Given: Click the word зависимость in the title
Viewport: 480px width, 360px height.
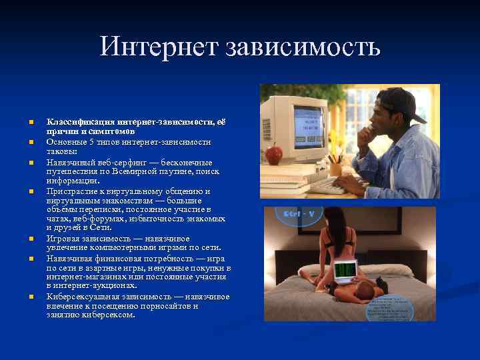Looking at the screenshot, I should (303, 47).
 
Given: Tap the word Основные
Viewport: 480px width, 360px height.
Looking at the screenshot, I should (67, 142).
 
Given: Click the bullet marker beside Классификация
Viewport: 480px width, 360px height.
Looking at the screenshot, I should (31, 123).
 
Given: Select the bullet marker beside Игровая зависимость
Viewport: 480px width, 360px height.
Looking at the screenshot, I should (31, 239).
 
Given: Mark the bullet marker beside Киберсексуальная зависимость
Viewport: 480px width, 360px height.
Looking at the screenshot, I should (31, 297).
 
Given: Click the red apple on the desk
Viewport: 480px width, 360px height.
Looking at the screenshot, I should (273, 155).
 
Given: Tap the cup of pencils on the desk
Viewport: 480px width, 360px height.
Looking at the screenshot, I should (335, 167).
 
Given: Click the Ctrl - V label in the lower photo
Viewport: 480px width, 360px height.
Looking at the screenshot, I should (298, 215).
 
